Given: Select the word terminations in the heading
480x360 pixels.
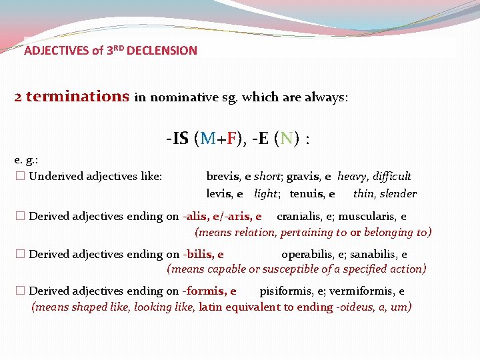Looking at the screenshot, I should click(x=77, y=97).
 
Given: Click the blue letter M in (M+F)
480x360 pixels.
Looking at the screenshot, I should click(x=207, y=139).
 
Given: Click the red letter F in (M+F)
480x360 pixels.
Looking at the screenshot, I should click(x=231, y=139).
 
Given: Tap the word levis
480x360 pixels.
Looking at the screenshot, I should click(x=219, y=194).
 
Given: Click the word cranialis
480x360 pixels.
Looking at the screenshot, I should click(x=299, y=216).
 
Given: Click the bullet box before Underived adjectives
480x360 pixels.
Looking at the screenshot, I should click(x=19, y=177).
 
